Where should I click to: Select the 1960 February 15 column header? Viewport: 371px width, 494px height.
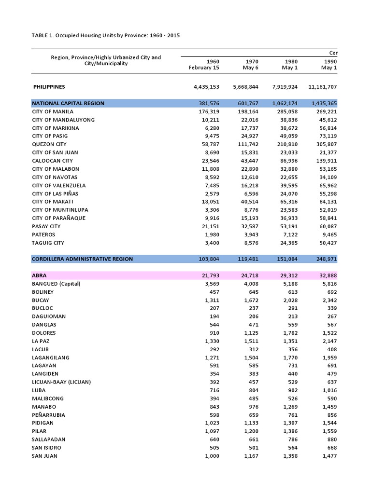tap(206, 65)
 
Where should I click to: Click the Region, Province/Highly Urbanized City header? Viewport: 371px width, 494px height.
tap(106, 61)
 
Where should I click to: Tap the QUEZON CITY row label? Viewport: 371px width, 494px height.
tap(49, 144)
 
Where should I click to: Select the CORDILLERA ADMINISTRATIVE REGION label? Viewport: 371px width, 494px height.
tap(82, 259)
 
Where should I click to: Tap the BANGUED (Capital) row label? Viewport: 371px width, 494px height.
tap(56, 284)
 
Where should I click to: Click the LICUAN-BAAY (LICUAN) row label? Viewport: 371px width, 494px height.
tap(61, 382)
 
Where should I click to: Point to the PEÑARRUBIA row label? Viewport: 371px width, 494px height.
tap(49, 415)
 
